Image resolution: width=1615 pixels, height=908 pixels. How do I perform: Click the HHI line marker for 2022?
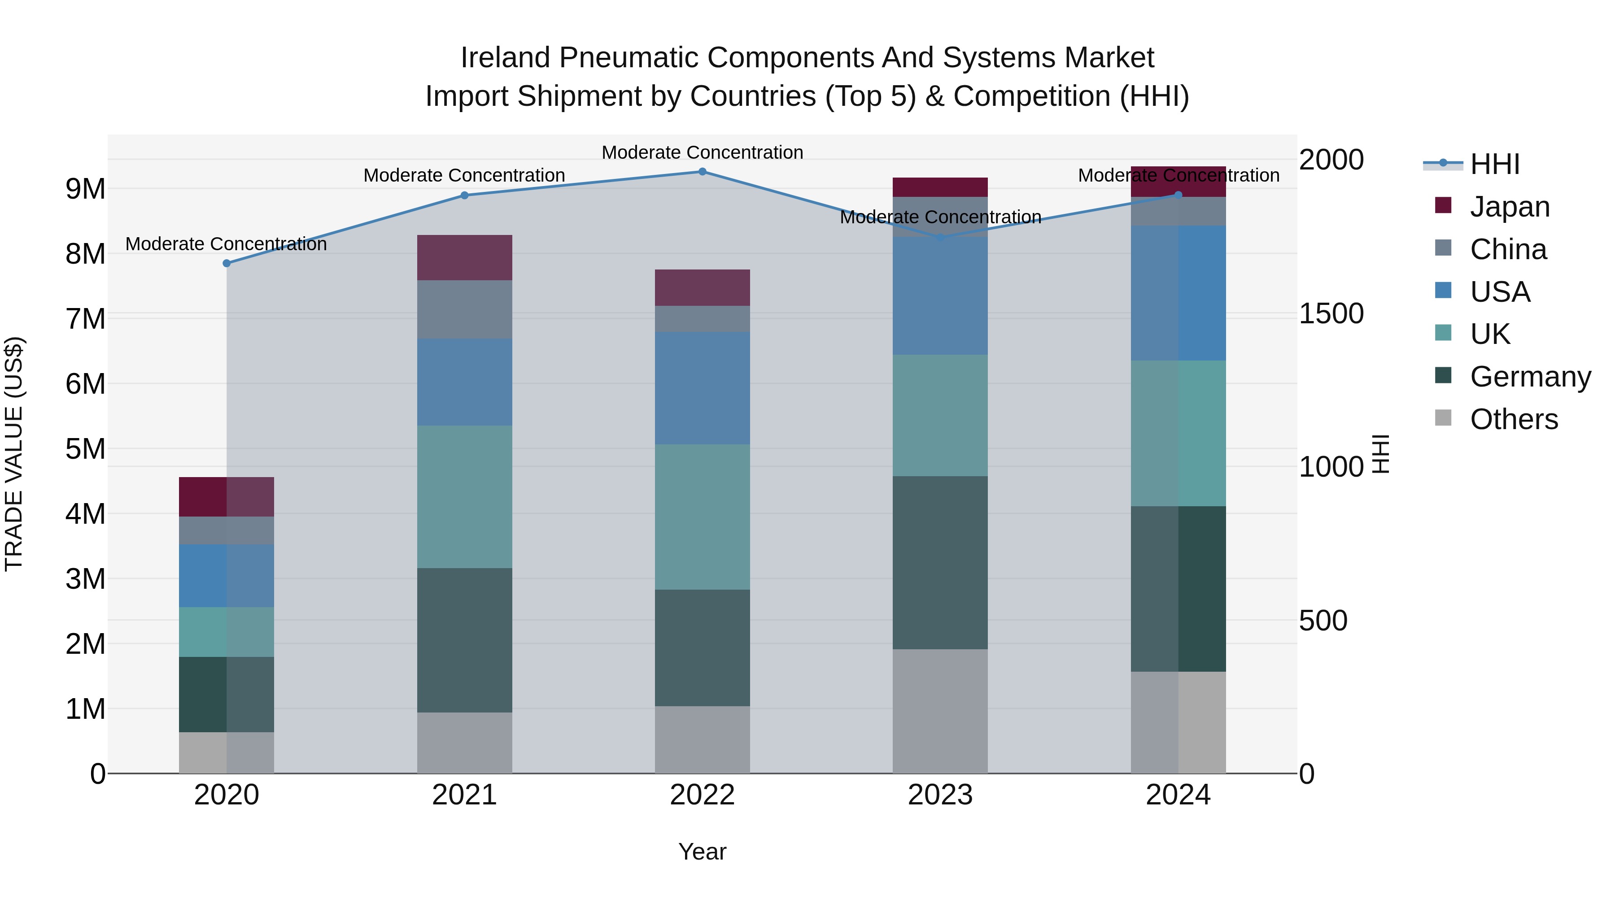pos(702,172)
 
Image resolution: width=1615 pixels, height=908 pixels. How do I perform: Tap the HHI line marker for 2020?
pos(227,263)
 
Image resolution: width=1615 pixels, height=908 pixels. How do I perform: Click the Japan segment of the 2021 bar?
pos(465,257)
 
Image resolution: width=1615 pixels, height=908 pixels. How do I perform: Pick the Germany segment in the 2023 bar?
pos(940,562)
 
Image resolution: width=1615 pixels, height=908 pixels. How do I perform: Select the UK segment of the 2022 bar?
pos(702,517)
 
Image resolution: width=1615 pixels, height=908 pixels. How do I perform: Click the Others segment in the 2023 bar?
pos(940,711)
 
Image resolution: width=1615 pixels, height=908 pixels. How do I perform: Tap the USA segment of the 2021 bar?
pos(465,382)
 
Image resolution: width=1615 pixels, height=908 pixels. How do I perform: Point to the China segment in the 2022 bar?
pos(702,319)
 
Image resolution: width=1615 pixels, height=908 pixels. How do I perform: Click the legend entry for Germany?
pos(1530,377)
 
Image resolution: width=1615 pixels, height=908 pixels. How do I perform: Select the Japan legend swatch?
pos(1443,205)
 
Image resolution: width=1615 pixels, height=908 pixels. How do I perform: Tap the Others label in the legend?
pos(1514,419)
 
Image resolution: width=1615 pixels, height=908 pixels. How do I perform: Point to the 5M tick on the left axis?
pos(85,449)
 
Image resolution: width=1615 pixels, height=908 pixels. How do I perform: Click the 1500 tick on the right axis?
pos(1331,313)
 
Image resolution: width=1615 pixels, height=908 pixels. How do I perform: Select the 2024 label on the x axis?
pos(1178,795)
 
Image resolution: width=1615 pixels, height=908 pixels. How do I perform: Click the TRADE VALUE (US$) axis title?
pos(14,454)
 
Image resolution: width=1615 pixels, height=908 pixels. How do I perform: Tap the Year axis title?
pos(702,852)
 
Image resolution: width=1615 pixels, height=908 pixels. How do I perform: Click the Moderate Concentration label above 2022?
pos(702,152)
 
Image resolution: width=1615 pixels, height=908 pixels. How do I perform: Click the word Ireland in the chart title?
pos(505,58)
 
